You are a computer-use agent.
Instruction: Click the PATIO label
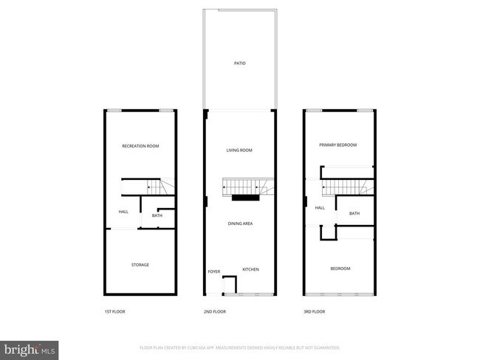(x=239, y=64)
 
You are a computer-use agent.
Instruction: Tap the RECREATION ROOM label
(x=140, y=146)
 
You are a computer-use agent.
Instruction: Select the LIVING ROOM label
(x=239, y=150)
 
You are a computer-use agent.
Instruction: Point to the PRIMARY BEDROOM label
(x=337, y=145)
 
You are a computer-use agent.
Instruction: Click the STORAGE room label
(x=140, y=265)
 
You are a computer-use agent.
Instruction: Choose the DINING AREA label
(x=241, y=223)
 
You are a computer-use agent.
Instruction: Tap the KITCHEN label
(x=250, y=269)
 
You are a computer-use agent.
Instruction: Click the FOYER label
(x=214, y=271)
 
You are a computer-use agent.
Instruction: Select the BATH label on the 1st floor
(x=157, y=215)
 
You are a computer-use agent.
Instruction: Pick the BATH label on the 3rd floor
(x=354, y=214)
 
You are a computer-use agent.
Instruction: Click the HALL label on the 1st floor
(x=123, y=212)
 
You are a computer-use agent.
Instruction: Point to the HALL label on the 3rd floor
(x=320, y=208)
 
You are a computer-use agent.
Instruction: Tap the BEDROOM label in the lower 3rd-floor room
(x=340, y=269)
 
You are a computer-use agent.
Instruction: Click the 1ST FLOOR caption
(x=114, y=312)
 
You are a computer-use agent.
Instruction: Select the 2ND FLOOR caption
(x=214, y=312)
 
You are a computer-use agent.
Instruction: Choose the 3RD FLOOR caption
(x=314, y=312)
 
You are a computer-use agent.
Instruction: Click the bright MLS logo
(x=30, y=348)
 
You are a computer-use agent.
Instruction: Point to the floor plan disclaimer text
(x=240, y=347)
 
